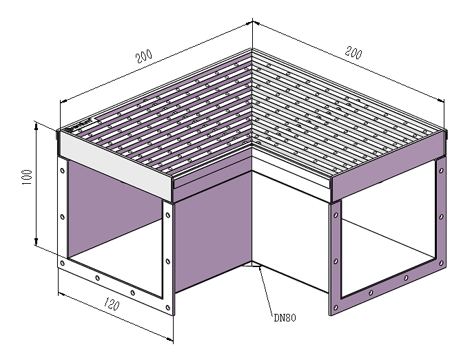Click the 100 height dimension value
(x=28, y=178)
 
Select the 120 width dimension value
(x=112, y=304)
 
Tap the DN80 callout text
(x=285, y=317)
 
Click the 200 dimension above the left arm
(x=144, y=56)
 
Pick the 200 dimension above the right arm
(x=353, y=52)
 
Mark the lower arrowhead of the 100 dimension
(x=37, y=241)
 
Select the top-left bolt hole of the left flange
(x=62, y=171)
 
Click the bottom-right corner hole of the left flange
(x=167, y=308)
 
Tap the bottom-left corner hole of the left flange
(x=62, y=263)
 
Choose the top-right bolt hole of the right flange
(x=441, y=171)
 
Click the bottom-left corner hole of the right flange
(x=336, y=308)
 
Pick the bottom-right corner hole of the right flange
(x=441, y=263)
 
